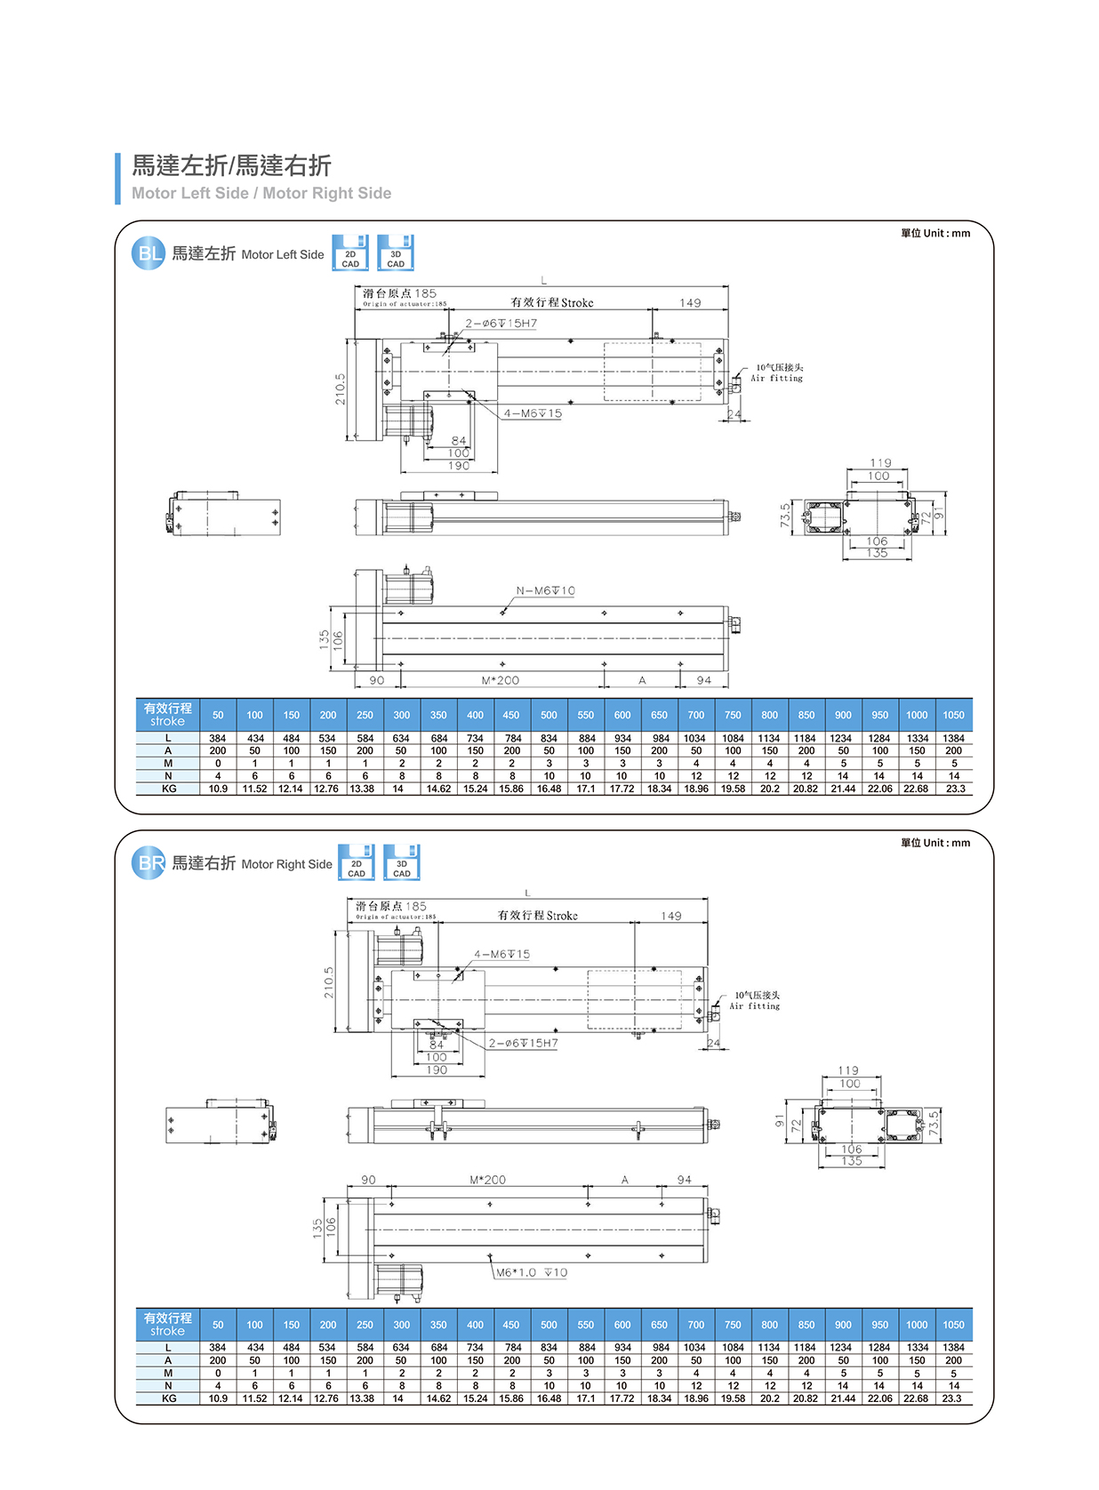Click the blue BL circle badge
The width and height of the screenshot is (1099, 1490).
pyautogui.click(x=148, y=253)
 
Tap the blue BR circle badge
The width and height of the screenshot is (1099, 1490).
pyautogui.click(x=148, y=862)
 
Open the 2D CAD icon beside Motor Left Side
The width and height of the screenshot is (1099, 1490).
pyautogui.click(x=350, y=252)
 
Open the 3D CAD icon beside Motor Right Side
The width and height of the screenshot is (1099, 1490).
pyautogui.click(x=402, y=862)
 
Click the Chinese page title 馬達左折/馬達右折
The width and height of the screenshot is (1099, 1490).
pyautogui.click(x=231, y=165)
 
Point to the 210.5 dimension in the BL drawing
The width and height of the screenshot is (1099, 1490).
pyautogui.click(x=340, y=389)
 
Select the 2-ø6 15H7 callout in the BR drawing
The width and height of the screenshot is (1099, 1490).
pyautogui.click(x=524, y=1043)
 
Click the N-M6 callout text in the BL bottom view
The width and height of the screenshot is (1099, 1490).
pyautogui.click(x=545, y=590)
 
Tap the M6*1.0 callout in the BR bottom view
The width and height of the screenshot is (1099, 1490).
pyautogui.click(x=531, y=1272)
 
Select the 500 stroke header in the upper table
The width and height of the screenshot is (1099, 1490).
pyautogui.click(x=549, y=715)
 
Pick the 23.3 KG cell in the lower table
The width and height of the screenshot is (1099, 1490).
pyautogui.click(x=952, y=1398)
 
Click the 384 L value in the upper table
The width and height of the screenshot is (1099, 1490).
pyautogui.click(x=218, y=738)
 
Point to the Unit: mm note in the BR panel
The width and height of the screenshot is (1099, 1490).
pyautogui.click(x=935, y=843)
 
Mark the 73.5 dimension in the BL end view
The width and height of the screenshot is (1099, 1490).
pyautogui.click(x=785, y=516)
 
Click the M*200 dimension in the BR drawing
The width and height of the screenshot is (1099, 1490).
pyautogui.click(x=487, y=1180)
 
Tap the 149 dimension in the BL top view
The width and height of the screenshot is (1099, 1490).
pyautogui.click(x=690, y=303)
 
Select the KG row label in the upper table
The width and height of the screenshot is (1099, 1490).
pyautogui.click(x=168, y=789)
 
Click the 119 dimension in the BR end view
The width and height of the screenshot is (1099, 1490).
pyautogui.click(x=848, y=1070)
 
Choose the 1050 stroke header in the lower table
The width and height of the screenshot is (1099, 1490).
pyautogui.click(x=953, y=1325)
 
